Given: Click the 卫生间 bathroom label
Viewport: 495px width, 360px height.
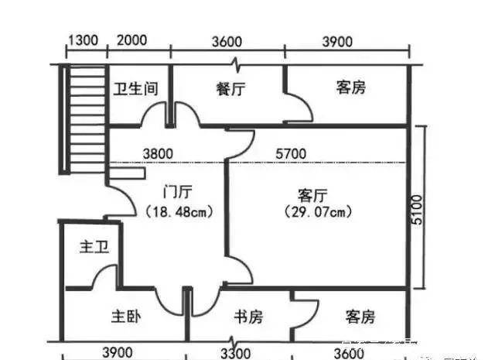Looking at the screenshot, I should tap(136, 89).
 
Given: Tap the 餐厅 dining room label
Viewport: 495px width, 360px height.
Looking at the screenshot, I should tap(230, 89).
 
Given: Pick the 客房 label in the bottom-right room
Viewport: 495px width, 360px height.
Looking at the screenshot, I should tap(360, 317).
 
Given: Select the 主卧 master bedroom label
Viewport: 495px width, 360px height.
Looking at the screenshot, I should tap(125, 317).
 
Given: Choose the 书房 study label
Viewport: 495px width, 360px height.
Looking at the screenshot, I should tap(248, 317).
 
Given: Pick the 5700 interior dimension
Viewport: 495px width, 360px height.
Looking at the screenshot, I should tap(292, 154).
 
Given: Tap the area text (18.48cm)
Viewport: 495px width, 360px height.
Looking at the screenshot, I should tap(179, 211).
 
